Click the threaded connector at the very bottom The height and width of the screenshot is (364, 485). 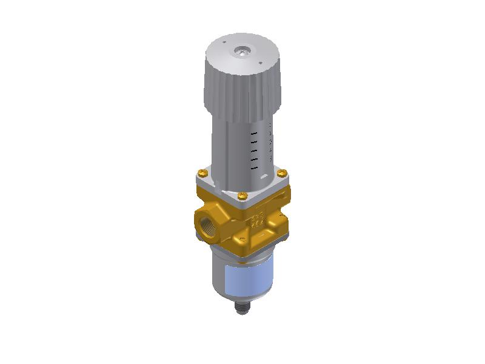click(x=241, y=311)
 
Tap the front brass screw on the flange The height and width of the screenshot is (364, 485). click(x=242, y=195)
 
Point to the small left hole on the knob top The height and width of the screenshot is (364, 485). click(x=225, y=44)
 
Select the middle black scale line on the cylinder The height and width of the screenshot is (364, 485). click(x=255, y=149)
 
